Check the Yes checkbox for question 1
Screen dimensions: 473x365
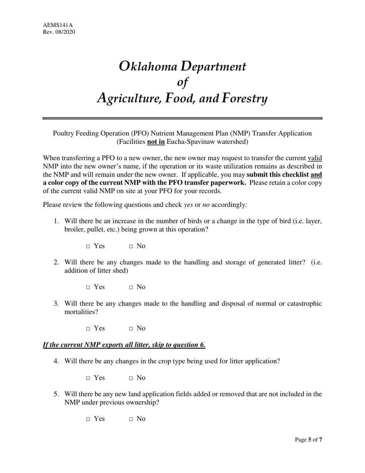point(88,246)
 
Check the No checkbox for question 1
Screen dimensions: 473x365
point(131,246)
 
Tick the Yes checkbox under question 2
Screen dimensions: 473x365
point(88,288)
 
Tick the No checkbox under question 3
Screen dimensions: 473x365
point(131,329)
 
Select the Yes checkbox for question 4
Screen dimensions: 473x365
point(88,378)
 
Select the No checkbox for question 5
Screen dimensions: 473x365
point(131,420)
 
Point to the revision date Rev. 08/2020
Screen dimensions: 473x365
point(59,32)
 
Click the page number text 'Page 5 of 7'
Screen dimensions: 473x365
point(308,440)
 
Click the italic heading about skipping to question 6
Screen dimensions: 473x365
point(124,345)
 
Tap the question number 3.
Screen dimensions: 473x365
point(56,303)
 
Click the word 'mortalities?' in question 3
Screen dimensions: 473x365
point(78,312)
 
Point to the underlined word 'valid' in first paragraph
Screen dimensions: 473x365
point(315,158)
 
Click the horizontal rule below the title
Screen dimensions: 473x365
point(182,118)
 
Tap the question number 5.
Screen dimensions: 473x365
point(56,394)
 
